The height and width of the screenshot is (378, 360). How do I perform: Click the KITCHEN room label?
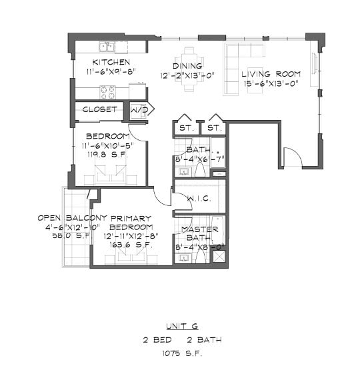point(101,63)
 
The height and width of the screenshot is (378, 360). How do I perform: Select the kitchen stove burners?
point(107,92)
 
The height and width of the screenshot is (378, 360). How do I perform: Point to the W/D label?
point(139,109)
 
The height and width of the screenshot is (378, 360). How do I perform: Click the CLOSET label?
point(100,109)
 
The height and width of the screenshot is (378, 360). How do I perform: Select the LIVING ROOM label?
point(271,74)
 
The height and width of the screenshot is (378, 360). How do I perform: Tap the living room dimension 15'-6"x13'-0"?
point(270,83)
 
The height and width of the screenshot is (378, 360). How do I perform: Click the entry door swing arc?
point(293,157)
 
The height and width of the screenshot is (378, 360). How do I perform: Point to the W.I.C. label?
point(199,199)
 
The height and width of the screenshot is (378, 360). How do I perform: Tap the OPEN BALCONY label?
point(72,218)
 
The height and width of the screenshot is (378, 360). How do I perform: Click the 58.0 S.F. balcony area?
point(71,235)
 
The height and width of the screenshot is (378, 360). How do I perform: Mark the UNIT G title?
point(182,327)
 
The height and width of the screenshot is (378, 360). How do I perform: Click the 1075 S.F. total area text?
point(182,353)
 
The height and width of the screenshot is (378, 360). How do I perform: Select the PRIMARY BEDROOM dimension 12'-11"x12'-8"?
point(132,235)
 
